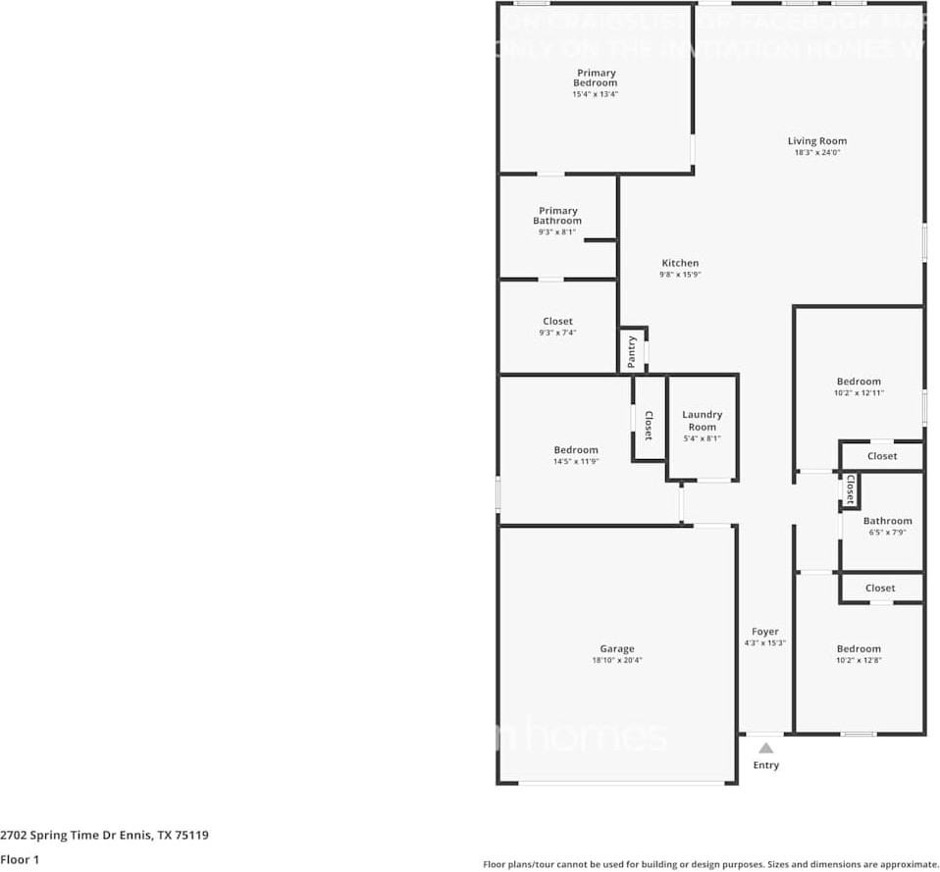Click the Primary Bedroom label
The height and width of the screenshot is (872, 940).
[596, 77]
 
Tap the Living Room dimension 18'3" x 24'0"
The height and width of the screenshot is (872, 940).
[816, 153]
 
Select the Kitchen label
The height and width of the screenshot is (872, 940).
[680, 263]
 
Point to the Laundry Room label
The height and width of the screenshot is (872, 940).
[702, 421]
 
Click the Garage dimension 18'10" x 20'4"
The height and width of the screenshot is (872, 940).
[616, 661]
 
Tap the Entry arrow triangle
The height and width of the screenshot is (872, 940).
[765, 747]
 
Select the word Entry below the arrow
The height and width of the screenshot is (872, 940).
[765, 765]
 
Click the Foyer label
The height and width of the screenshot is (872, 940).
[765, 632]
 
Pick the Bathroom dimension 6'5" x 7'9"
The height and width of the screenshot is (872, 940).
[887, 533]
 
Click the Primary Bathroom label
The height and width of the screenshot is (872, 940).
[557, 216]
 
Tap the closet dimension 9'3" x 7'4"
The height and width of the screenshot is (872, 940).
[557, 333]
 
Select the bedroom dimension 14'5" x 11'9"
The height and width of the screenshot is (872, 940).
[575, 462]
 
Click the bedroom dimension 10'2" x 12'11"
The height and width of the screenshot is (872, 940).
[859, 393]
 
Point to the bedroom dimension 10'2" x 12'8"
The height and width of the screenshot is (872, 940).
[859, 660]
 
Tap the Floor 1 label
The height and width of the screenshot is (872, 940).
[20, 859]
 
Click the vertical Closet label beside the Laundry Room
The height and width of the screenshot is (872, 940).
[648, 423]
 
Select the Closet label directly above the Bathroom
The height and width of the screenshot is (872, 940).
[881, 456]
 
